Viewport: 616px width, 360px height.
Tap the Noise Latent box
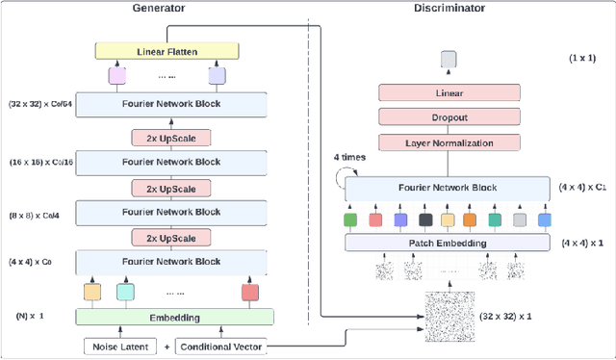click(118, 346)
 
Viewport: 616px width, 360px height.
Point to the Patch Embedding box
click(448, 243)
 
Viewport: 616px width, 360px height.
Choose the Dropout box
click(448, 116)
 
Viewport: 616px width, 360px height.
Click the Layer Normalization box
click(448, 141)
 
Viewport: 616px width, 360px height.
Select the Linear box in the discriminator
click(448, 92)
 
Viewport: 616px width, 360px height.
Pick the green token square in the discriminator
click(349, 219)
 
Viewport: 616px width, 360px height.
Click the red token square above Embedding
click(250, 291)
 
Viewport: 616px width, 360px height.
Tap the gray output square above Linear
click(448, 60)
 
